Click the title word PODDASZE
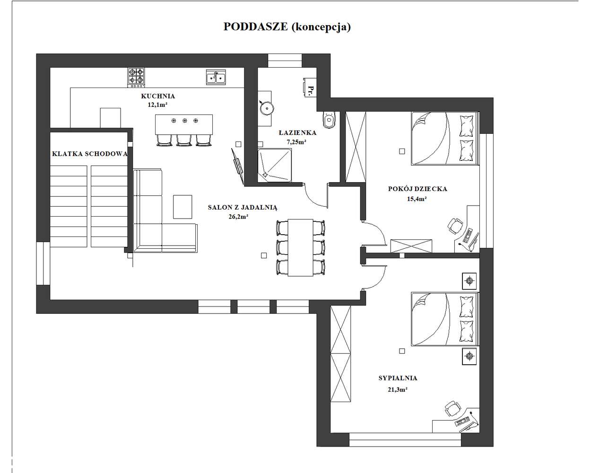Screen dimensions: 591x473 (255, 26)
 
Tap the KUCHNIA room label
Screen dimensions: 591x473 (158, 96)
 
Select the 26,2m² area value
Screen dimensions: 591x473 (238, 217)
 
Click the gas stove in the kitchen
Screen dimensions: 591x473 (136, 78)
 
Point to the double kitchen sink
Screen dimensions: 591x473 (216, 77)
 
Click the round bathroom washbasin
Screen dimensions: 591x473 (266, 107)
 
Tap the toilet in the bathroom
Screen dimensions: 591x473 (329, 119)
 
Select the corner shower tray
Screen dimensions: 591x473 (275, 165)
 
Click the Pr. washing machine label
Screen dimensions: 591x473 (311, 90)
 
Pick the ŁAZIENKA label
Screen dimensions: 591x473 (298, 133)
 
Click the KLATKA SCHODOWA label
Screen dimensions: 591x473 (90, 154)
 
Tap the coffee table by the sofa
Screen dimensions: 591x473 (183, 207)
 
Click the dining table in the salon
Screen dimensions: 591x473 (300, 247)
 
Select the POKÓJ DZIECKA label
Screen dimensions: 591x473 (417, 189)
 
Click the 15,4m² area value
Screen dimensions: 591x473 (417, 199)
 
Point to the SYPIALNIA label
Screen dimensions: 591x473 (398, 378)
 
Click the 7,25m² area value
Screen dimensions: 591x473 (296, 142)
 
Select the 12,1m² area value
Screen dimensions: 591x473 (157, 105)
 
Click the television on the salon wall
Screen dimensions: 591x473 (237, 167)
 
